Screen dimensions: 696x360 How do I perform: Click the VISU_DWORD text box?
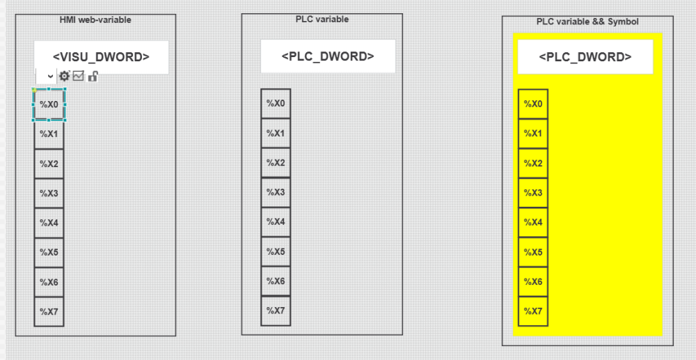(101, 57)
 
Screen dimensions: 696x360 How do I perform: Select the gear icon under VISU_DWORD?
(64, 76)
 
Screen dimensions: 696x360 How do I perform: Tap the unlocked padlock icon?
(93, 77)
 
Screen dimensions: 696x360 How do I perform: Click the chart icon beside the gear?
(78, 76)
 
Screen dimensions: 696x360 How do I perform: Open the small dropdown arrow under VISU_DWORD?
(51, 77)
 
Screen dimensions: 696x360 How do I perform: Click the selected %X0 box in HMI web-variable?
(49, 104)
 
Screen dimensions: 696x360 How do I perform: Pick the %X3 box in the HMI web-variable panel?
(49, 193)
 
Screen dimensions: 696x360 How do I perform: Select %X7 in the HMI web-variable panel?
(49, 312)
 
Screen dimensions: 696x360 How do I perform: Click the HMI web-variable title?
(95, 19)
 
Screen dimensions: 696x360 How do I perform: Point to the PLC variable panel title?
(322, 19)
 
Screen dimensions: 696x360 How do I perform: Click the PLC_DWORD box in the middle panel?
(328, 56)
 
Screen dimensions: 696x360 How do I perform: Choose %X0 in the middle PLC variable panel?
(276, 104)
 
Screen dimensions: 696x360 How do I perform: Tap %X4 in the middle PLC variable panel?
(276, 222)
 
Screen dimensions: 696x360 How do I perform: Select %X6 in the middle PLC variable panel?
(276, 281)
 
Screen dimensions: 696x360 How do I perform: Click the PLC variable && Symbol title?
(587, 22)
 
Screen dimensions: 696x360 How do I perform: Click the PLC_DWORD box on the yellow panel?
(585, 57)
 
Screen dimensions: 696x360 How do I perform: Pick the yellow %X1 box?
(533, 134)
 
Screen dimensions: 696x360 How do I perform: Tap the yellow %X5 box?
(533, 252)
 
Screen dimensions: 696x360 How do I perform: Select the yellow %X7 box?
(533, 311)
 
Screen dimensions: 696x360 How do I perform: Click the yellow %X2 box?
(533, 164)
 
